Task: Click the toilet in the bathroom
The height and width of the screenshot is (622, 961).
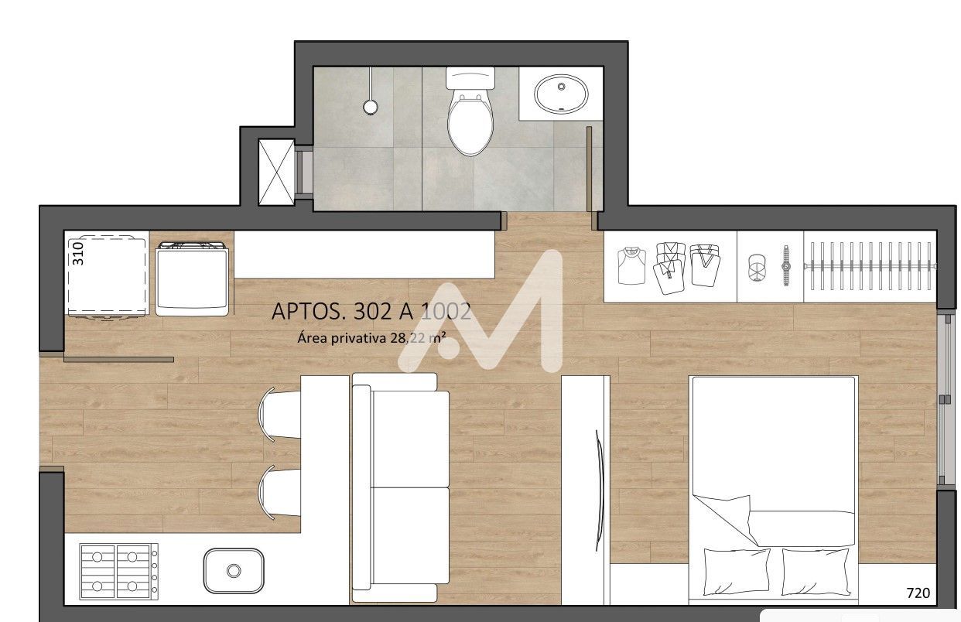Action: coord(470,111)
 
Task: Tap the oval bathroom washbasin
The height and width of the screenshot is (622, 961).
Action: coord(561,94)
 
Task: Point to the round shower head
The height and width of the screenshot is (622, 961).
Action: coord(371,107)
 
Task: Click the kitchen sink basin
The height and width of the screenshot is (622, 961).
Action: coord(234,570)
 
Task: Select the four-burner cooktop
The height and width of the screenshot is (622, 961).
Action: coord(119,572)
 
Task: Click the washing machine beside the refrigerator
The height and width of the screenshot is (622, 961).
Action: coord(192,279)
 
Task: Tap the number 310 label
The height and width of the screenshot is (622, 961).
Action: coord(77,254)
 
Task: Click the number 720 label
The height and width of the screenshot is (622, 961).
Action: coord(918,593)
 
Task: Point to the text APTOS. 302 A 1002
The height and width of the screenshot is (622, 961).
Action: coord(371,311)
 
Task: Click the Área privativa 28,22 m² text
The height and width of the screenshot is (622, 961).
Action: coord(371,337)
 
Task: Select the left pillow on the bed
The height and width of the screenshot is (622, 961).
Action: coord(737,572)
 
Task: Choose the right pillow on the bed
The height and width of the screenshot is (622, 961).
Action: coord(816,572)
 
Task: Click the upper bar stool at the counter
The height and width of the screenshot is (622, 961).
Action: coord(279,415)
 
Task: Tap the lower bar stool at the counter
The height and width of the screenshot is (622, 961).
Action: coord(279,493)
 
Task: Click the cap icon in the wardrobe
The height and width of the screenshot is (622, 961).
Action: coord(758,268)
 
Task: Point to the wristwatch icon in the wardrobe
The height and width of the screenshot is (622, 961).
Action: coord(786,265)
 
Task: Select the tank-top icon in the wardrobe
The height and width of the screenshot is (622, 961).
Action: coord(631,265)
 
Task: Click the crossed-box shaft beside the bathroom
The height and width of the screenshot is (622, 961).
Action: coord(277,172)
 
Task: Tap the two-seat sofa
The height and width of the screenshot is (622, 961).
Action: coord(400,487)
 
